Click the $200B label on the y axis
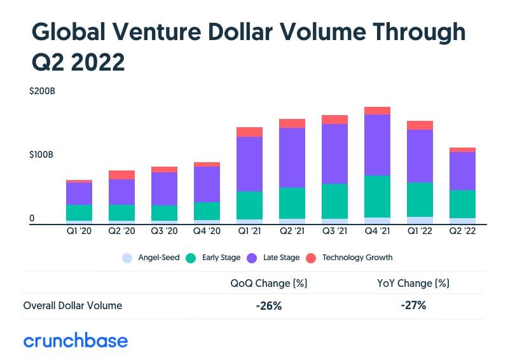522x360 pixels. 42,92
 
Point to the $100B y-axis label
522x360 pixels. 42,155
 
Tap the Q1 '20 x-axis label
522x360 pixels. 79,232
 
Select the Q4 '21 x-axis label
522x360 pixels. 377,232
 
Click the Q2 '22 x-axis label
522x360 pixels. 462,232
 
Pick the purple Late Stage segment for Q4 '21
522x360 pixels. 377,144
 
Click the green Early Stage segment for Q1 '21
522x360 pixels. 249,205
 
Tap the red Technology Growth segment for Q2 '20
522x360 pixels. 121,175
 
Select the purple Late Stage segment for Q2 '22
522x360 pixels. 462,170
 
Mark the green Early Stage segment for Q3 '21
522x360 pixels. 334,201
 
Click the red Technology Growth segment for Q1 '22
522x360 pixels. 420,125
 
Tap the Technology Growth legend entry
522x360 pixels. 349,258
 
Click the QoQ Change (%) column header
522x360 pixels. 268,283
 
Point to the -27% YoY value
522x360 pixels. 413,306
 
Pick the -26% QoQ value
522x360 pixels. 268,306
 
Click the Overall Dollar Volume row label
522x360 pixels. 72,306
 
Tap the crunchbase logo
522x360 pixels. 76,341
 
